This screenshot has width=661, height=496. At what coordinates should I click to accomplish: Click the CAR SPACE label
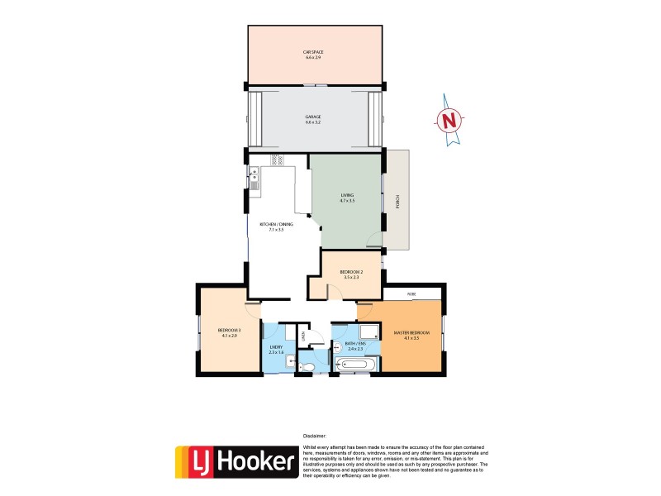tap(315, 54)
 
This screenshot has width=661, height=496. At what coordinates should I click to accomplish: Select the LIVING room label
tap(347, 198)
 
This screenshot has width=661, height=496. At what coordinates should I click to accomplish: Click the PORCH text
tap(398, 202)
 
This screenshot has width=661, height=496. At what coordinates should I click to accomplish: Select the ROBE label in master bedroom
tap(411, 293)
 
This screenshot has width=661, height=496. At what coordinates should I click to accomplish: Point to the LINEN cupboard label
tap(303, 335)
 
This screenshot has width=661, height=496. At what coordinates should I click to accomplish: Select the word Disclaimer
tap(315, 435)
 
